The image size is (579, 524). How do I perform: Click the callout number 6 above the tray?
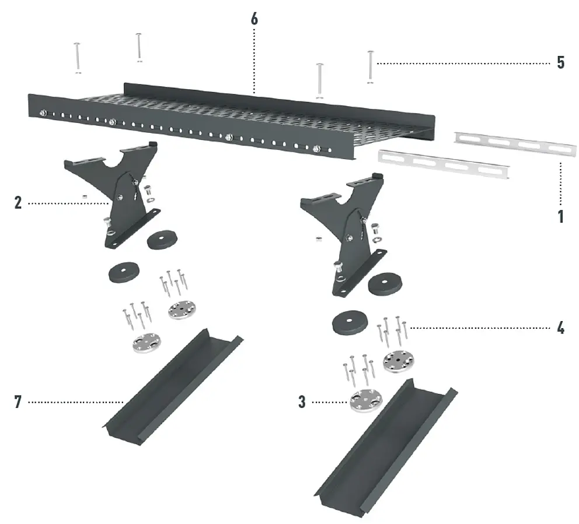pyautogui.click(x=254, y=19)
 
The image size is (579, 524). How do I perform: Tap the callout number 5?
pyautogui.click(x=560, y=63)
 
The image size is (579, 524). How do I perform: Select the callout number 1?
pyautogui.click(x=561, y=216)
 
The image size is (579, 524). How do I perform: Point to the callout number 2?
pyautogui.click(x=18, y=203)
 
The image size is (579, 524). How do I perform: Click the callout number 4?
pyautogui.click(x=560, y=328)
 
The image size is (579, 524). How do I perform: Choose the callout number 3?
pyautogui.click(x=302, y=402)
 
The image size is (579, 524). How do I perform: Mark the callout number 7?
pyautogui.click(x=18, y=402)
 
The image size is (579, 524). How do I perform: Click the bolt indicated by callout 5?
pyautogui.click(x=371, y=67)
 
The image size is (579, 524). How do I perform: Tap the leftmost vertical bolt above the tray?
pyautogui.click(x=77, y=58)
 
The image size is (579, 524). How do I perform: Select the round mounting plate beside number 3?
pyautogui.click(x=366, y=401)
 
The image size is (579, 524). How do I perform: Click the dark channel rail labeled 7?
pyautogui.click(x=173, y=386)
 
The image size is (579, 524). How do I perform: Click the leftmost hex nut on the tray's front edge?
pyautogui.click(x=44, y=113)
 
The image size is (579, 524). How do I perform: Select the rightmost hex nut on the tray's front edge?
pyautogui.click(x=316, y=149)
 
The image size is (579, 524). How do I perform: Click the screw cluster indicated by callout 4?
pyautogui.click(x=392, y=332)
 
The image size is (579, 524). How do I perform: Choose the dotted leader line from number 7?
pyautogui.click(x=76, y=402)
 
